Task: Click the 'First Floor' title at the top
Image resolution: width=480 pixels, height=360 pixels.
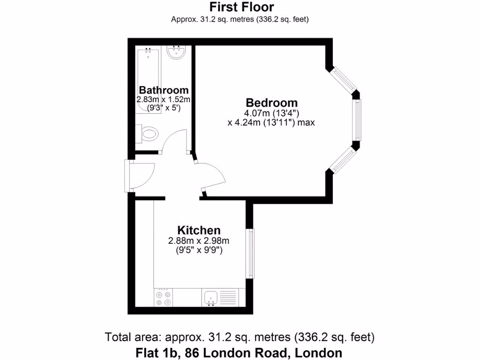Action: click(241, 7)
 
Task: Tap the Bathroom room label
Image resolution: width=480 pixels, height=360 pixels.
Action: click(164, 90)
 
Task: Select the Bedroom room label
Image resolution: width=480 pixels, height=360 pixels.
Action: click(271, 102)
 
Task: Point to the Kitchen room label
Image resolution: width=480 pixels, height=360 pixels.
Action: click(199, 230)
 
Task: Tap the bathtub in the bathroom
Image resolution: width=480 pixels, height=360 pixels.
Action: click(148, 80)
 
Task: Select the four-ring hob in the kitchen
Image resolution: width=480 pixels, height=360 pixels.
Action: click(163, 297)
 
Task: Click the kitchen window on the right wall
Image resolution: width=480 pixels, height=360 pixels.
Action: click(252, 254)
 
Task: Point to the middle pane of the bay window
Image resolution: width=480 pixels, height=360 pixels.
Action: click(357, 120)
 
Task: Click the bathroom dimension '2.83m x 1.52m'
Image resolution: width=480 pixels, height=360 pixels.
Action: click(163, 99)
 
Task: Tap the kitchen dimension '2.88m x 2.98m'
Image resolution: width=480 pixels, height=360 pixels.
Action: click(199, 241)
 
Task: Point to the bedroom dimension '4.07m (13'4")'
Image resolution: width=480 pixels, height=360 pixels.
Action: click(271, 113)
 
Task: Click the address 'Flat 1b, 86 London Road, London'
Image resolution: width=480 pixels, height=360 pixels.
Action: click(239, 352)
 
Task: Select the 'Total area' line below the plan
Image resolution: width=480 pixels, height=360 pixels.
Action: click(240, 337)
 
